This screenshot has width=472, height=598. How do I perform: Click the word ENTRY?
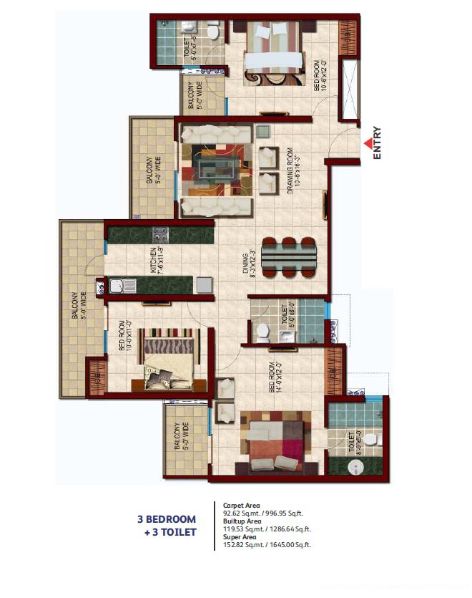pos(377,143)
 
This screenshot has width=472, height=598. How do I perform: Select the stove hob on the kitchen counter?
pos(159,234)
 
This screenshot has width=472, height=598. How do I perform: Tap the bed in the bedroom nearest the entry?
pos(271,52)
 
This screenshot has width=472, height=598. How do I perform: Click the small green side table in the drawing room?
pos(262,132)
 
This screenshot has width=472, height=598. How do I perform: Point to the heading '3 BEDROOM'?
pos(167,519)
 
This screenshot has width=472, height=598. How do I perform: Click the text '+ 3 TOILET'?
pos(170,532)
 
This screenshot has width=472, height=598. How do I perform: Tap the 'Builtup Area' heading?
pos(242,521)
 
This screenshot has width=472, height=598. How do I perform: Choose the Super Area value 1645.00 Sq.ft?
pos(289,545)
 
